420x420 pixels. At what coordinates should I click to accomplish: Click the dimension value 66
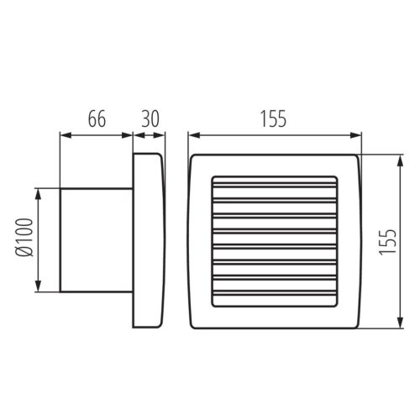[x=97, y=118]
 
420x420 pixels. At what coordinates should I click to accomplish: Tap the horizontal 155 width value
[x=273, y=118]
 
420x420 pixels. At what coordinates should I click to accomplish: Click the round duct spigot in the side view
[x=94, y=240]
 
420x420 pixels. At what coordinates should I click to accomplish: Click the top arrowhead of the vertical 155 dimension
[x=397, y=159]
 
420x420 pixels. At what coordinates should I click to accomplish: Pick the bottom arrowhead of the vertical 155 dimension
[x=397, y=321]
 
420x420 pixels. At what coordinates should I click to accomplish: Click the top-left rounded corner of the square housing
[x=195, y=159]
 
